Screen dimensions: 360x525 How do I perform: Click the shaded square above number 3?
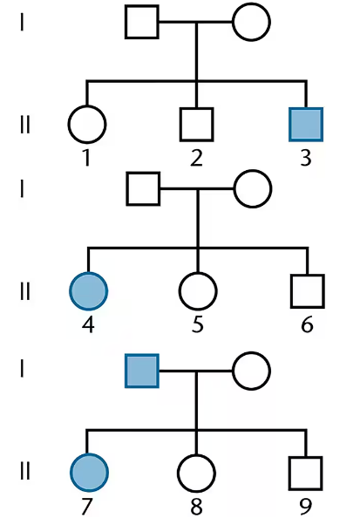306,125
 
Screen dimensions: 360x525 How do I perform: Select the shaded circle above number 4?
88,291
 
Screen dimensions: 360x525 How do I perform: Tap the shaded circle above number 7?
89,473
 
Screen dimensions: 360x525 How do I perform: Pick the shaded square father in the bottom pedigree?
142,371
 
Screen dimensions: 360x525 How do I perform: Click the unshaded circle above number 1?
87,125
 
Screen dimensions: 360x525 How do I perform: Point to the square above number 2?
196,125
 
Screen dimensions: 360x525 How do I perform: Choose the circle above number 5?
198,291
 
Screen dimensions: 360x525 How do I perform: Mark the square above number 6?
308,291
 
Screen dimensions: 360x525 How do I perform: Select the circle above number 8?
196,473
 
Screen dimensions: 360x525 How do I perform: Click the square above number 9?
306,473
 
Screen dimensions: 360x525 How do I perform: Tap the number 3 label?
306,158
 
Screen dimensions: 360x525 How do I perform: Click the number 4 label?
88,324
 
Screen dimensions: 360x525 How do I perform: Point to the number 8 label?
196,507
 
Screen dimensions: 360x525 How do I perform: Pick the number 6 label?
307,324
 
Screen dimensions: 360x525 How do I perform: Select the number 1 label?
86,158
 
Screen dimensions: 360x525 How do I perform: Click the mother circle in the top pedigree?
251,22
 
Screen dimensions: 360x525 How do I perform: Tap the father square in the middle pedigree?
143,189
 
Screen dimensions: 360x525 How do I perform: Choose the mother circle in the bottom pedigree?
251,371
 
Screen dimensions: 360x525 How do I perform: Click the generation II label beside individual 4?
24,291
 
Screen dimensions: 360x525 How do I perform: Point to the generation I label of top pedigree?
22,22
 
